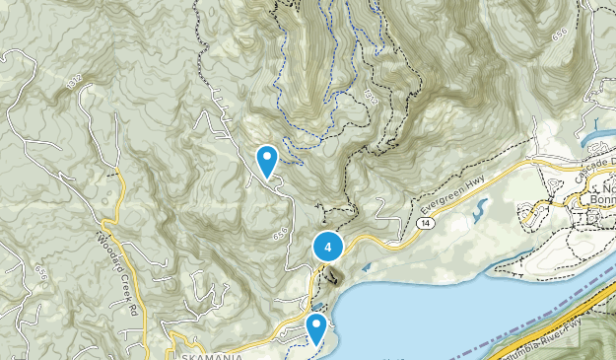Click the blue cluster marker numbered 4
(x=328, y=248)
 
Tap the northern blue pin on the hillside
(x=266, y=161)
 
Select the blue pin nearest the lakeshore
(x=316, y=328)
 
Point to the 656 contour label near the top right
(x=561, y=36)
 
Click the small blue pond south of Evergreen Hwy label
(x=479, y=210)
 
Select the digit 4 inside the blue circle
(x=328, y=248)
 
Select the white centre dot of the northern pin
(x=266, y=156)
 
